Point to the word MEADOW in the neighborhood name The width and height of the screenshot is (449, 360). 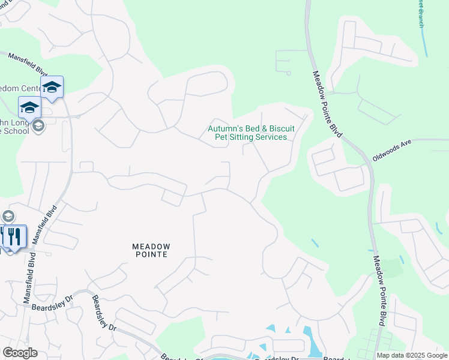tap(152, 247)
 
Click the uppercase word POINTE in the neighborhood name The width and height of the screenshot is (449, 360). tap(152, 254)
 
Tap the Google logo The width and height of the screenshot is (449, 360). tap(20, 353)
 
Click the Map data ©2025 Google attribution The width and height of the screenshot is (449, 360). tap(412, 355)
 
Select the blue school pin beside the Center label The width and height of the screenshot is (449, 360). tap(52, 88)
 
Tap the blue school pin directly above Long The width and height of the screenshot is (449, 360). tap(29, 108)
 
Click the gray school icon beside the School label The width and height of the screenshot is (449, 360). tap(38, 125)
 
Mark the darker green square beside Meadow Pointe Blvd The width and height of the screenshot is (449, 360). tap(391, 268)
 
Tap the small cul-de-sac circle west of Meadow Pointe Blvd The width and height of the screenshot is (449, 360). tap(288, 73)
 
